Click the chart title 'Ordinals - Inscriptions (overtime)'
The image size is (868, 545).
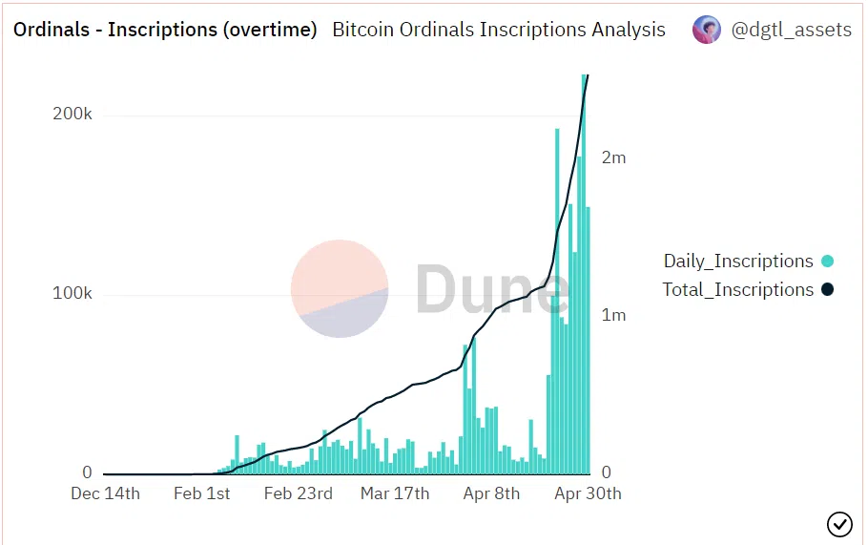tap(165, 30)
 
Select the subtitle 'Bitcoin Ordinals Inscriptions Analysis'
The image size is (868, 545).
tap(499, 30)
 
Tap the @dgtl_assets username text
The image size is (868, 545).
tap(791, 30)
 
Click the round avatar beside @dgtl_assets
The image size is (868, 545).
tap(707, 30)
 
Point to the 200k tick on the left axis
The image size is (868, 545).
tap(72, 114)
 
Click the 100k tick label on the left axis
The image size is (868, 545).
tap(72, 293)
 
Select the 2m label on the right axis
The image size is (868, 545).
tap(613, 157)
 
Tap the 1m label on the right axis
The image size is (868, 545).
tap(613, 315)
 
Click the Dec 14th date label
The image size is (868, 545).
tap(106, 493)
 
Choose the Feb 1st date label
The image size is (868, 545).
tap(201, 493)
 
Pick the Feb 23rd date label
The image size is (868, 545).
tap(298, 493)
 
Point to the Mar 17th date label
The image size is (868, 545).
tap(395, 493)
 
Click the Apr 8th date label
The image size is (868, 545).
tap(491, 493)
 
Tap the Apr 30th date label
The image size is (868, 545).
tap(588, 493)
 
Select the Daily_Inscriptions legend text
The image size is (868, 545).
tap(738, 262)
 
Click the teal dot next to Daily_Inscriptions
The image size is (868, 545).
tap(827, 262)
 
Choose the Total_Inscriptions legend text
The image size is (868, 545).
tap(738, 290)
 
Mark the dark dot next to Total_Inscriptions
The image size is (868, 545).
tap(827, 290)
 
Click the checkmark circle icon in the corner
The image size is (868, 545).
tap(839, 524)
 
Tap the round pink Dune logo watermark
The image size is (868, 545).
tap(340, 289)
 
